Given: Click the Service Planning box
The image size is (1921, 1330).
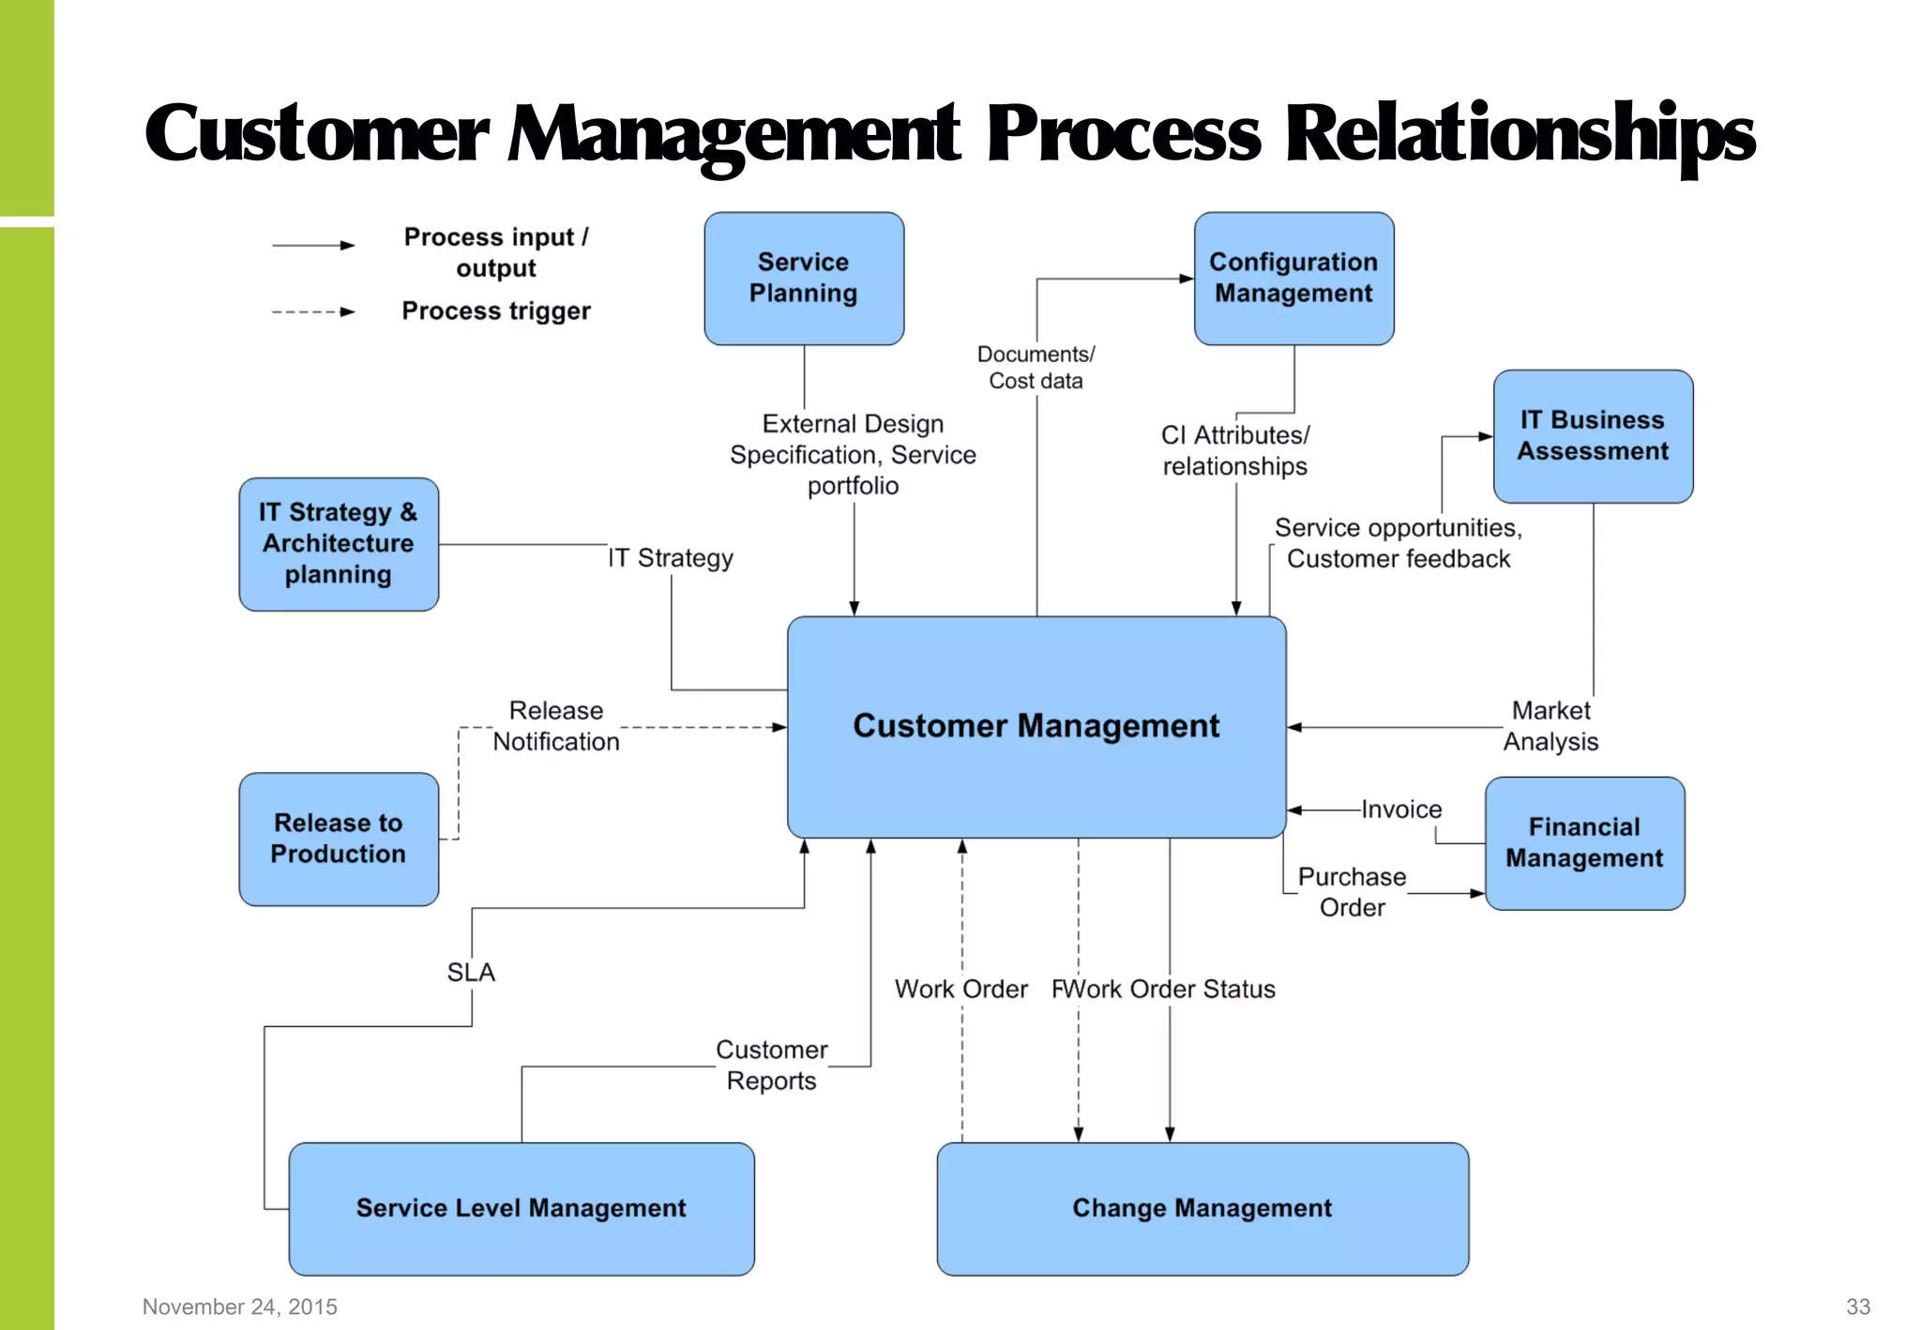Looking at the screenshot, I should pyautogui.click(x=804, y=279).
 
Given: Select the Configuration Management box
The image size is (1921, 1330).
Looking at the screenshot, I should pyautogui.click(x=1293, y=279).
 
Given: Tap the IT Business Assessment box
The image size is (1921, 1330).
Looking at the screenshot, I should pyautogui.click(x=1593, y=436).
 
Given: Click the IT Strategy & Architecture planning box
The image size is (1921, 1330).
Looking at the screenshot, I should pyautogui.click(x=339, y=544).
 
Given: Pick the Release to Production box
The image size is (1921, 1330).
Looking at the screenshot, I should pyautogui.click(x=339, y=839).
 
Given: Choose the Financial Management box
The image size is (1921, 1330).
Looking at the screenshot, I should pyautogui.click(x=1584, y=842).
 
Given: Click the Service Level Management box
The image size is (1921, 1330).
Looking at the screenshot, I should pyautogui.click(x=521, y=1208).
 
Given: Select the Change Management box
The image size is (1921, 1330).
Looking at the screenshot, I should pyautogui.click(x=1202, y=1208).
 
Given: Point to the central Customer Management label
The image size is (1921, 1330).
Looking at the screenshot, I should pyautogui.click(x=1036, y=726).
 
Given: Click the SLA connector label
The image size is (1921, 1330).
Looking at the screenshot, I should pyautogui.click(x=471, y=973).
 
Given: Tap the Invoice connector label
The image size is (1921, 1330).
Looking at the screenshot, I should pyautogui.click(x=1401, y=809).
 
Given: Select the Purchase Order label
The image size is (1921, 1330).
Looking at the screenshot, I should pyautogui.click(x=1352, y=892).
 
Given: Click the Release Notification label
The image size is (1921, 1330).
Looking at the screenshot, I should pyautogui.click(x=556, y=726).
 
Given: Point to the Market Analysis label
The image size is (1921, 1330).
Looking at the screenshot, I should pyautogui.click(x=1550, y=726).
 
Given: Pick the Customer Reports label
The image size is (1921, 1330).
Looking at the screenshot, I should pyautogui.click(x=771, y=1065).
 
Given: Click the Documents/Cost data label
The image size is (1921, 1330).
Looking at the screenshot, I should pyautogui.click(x=1036, y=368).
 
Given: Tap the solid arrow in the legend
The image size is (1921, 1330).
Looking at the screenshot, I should pyautogui.click(x=313, y=246).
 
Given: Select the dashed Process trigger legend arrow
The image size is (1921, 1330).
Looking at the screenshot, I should pyautogui.click(x=313, y=312).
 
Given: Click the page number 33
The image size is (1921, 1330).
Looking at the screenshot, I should pyautogui.click(x=1857, y=1307).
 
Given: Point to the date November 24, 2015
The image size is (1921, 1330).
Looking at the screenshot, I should pyautogui.click(x=240, y=1307).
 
